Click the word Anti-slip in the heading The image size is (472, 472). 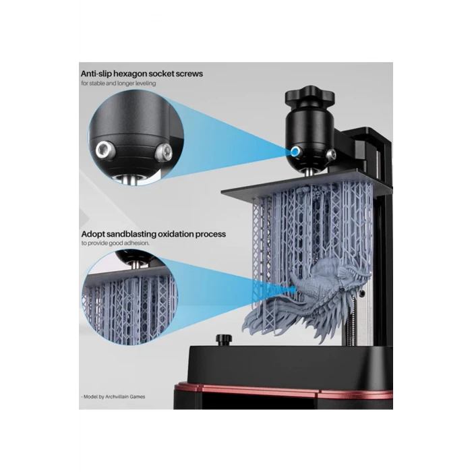(x=96, y=73)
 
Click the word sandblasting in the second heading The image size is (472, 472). (x=130, y=234)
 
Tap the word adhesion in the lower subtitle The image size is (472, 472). (x=136, y=243)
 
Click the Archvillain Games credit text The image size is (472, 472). (x=125, y=396)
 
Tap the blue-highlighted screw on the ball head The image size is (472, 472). (x=295, y=152)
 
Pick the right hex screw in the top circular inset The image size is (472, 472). (x=163, y=150)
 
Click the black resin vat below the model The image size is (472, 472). (x=289, y=364)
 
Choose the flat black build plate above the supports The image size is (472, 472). (x=306, y=183)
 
